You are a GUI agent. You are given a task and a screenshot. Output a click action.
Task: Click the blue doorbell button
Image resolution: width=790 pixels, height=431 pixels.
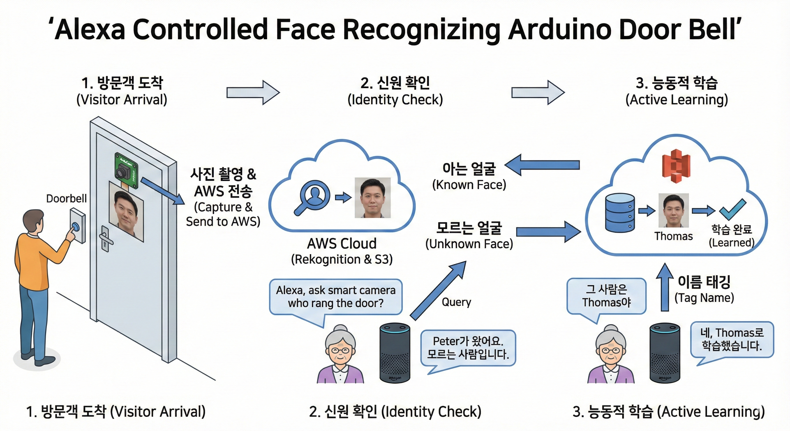[x=75, y=227]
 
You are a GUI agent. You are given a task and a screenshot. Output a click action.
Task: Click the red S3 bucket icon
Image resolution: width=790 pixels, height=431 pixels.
[x=676, y=166]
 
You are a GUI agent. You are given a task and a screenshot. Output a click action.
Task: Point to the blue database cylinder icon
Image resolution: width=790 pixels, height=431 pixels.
[x=620, y=213]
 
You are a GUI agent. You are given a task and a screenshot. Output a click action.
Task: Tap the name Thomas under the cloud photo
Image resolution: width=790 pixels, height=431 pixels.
[x=674, y=236]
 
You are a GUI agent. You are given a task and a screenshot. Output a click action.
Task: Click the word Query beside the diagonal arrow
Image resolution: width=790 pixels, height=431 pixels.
[x=456, y=302]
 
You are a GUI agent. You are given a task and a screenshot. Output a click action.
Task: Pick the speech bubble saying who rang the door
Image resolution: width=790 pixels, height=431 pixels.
[x=336, y=297]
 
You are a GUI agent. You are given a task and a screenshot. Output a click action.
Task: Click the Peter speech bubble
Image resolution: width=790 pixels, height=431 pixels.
[x=468, y=348]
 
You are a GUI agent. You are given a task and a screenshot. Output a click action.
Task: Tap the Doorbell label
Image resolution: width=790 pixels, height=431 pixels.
[x=66, y=198]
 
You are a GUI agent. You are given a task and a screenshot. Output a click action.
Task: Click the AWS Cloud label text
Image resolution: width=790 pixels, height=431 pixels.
[x=342, y=244]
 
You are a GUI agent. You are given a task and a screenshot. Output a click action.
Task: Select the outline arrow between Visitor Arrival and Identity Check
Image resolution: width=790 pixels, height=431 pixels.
[x=253, y=92]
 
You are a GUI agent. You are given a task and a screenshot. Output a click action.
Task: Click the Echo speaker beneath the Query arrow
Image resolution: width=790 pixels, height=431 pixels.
[x=395, y=353]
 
